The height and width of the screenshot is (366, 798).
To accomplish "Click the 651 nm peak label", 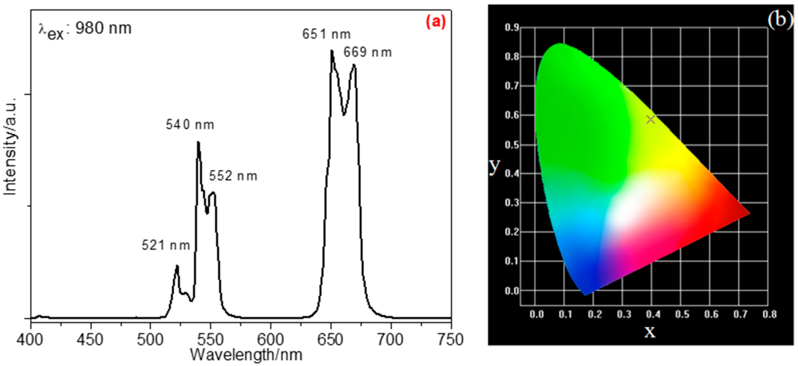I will point(326,34).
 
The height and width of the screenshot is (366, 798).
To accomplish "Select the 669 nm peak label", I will point(367,52).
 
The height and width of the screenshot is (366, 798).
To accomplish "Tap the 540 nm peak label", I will point(190,125).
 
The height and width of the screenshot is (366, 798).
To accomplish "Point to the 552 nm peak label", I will point(233,176).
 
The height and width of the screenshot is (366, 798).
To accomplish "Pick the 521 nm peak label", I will point(166,245).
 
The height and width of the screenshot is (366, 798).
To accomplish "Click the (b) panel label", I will point(780,20).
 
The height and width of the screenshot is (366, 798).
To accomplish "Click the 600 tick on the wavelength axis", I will point(270,340).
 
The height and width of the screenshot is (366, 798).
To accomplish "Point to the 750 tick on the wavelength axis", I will point(450,340).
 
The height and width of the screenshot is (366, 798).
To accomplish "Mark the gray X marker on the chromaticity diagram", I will point(651,119).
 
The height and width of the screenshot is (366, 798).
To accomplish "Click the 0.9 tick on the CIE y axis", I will point(512,28).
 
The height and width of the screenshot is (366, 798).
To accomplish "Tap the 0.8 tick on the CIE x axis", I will point(769,314).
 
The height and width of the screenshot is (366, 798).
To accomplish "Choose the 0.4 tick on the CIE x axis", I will point(653,314).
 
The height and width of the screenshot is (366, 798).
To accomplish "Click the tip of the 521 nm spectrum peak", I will point(177,266).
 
